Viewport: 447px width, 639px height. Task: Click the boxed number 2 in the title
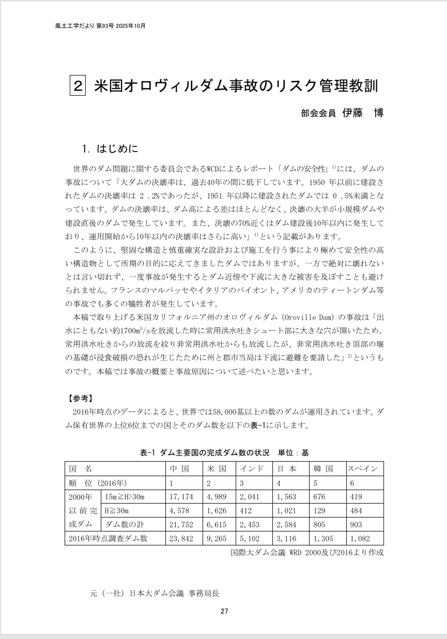click(x=76, y=86)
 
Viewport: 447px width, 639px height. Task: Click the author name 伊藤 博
click(x=362, y=113)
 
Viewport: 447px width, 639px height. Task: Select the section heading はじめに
click(x=117, y=149)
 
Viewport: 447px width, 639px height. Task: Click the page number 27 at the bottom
click(x=224, y=611)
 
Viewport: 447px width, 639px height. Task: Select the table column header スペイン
click(x=365, y=469)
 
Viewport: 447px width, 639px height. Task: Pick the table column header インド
click(x=253, y=469)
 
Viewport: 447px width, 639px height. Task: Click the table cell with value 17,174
click(x=181, y=497)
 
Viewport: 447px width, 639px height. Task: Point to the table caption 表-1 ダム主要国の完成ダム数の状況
click(x=205, y=452)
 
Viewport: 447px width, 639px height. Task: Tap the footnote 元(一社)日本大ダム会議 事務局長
click(x=158, y=594)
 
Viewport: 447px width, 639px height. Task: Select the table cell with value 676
click(x=320, y=497)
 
